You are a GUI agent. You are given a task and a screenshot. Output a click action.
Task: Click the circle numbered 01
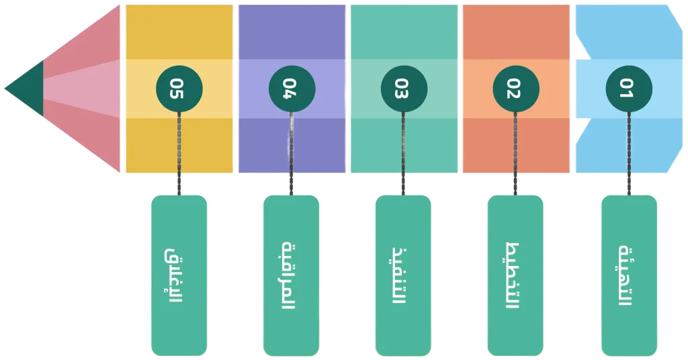tap(628, 89)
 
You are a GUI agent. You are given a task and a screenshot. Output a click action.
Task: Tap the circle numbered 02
tap(515, 89)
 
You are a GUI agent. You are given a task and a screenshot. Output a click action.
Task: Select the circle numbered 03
tap(402, 89)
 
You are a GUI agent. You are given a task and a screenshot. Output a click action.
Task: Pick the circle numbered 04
tap(290, 89)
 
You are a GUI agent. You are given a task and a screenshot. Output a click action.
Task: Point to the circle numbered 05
tap(178, 89)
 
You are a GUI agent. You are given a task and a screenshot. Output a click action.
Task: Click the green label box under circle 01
tap(629, 275)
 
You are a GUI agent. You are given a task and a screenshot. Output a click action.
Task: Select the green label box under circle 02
tap(515, 275)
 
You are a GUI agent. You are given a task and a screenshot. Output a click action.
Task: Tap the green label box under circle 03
tap(403, 275)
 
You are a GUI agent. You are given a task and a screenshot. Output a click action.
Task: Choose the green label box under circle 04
tap(291, 275)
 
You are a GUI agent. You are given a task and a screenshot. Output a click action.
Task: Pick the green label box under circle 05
tap(179, 275)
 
